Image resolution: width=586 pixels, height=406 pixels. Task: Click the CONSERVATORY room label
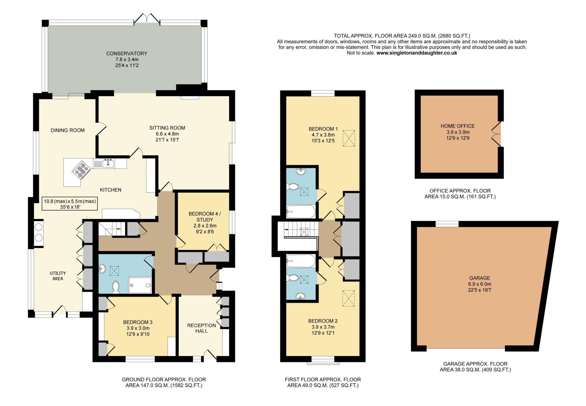point(126,53)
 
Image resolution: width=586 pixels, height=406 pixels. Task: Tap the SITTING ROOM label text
point(167,128)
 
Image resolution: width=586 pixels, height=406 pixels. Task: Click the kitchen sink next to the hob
point(108,164)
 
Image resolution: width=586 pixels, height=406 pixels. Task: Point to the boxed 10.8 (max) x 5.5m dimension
point(70,204)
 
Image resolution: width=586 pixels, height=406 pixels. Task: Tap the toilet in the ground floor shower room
point(116,287)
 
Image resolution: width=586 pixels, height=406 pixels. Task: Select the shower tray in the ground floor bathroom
point(140,285)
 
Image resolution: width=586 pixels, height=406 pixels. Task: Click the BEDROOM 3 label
point(138,322)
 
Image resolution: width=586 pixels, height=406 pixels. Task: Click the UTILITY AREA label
point(58,276)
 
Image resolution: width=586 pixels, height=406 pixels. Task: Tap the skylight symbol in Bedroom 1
point(349,138)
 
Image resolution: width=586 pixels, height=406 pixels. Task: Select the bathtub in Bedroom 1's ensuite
point(301,212)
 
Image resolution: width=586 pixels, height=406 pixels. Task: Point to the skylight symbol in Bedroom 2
point(348,298)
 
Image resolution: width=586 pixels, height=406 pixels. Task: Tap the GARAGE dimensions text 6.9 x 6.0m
point(480,284)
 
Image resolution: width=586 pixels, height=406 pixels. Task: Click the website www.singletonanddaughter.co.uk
point(417,53)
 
